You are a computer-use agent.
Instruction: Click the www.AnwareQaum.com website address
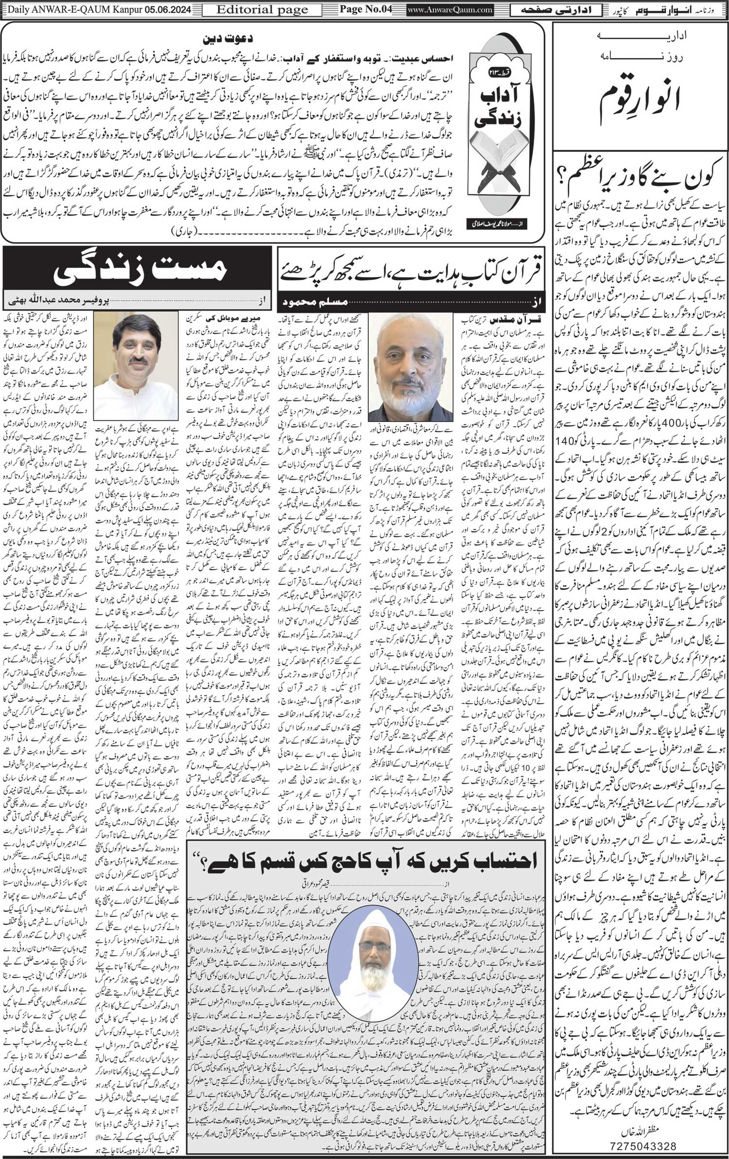(x=443, y=9)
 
